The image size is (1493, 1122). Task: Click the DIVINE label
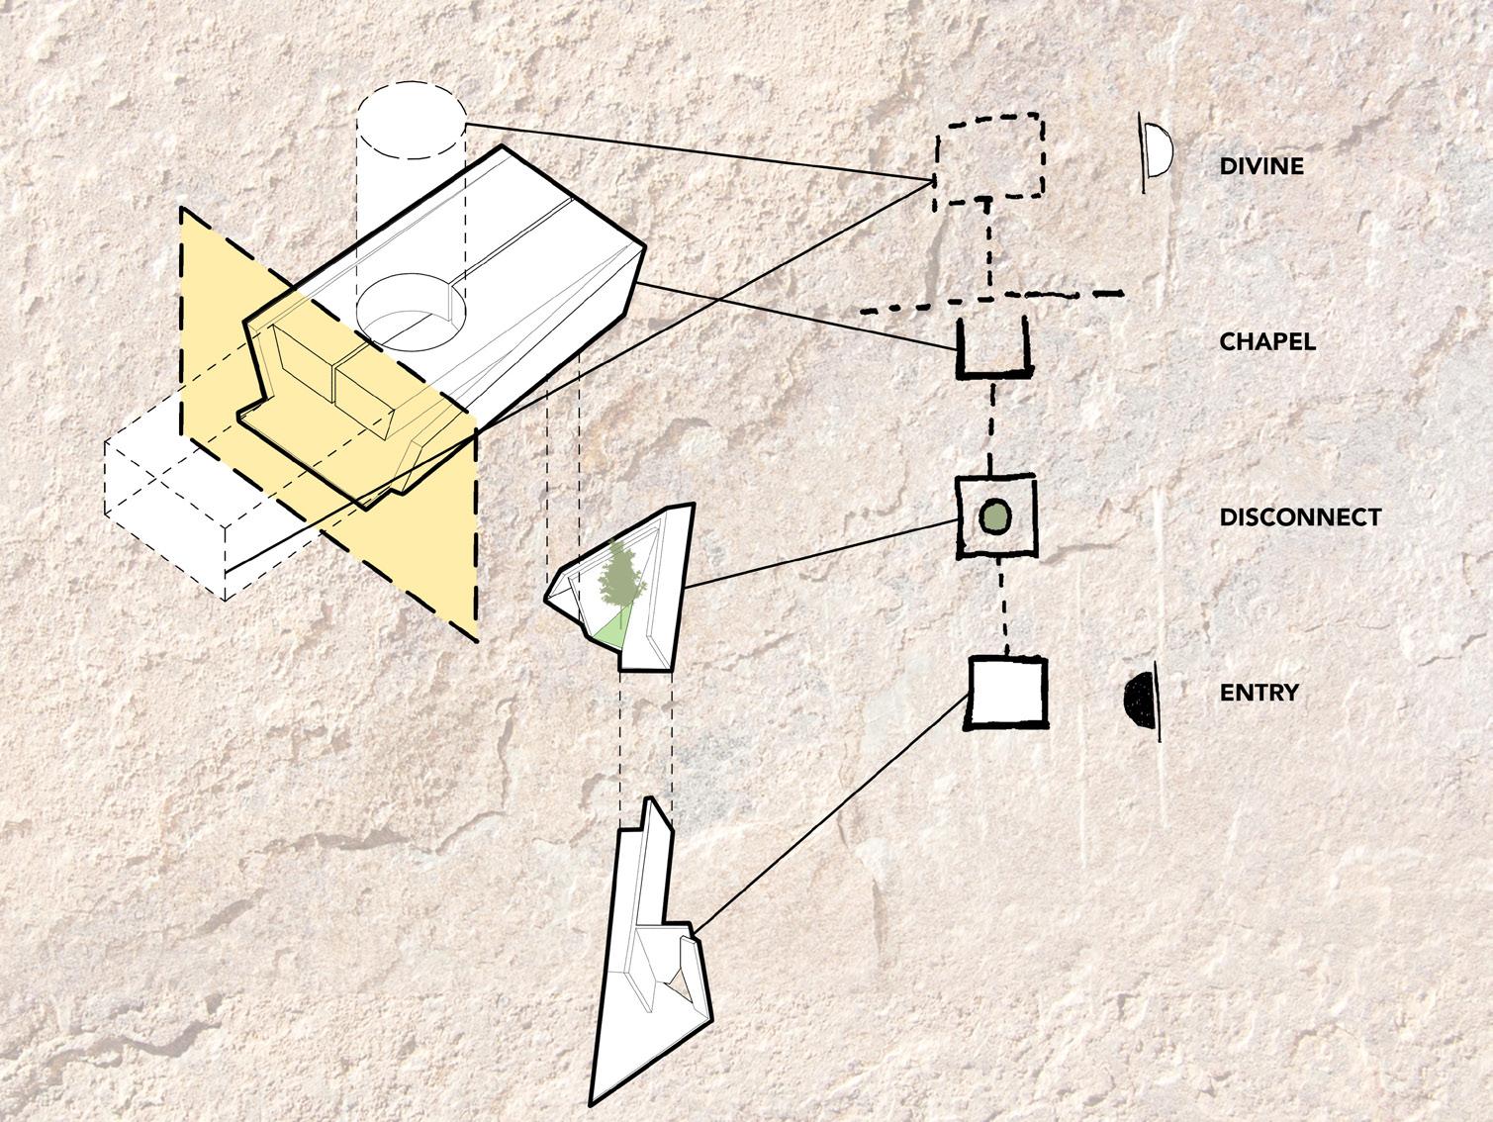[x=1260, y=166]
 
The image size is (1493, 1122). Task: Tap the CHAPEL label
[x=1266, y=342]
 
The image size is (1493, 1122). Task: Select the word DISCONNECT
[x=1299, y=517]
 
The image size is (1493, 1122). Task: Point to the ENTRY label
[x=1259, y=693]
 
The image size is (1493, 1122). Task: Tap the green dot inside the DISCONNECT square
[x=994, y=515]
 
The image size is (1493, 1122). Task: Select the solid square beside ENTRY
[x=1006, y=693]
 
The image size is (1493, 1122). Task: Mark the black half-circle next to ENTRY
[x=1142, y=699]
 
